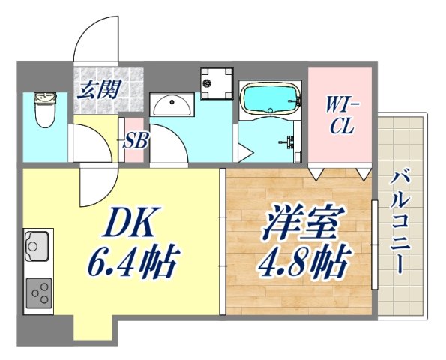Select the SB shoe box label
[134, 140]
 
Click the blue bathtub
[269, 97]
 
